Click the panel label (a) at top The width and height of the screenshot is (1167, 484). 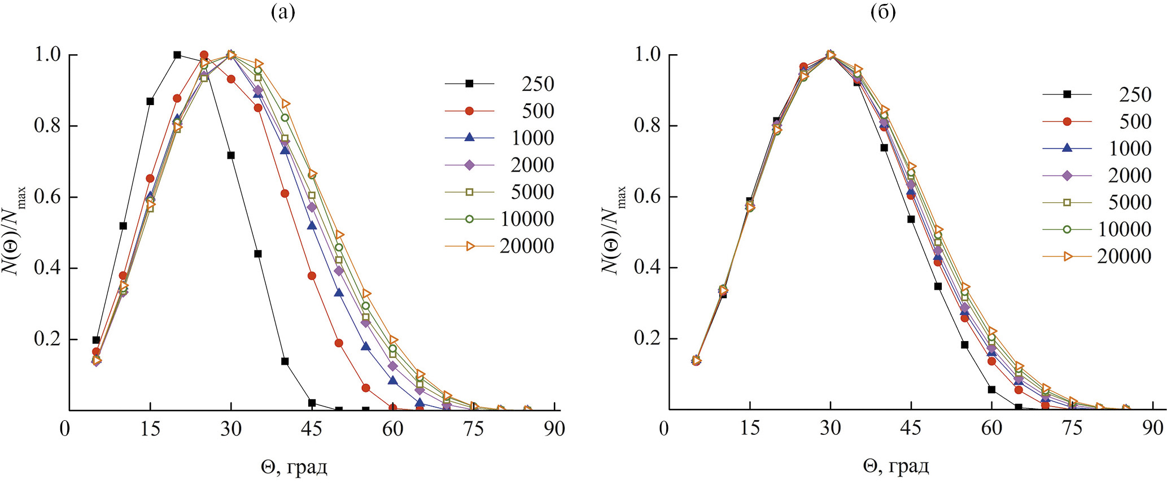click(x=283, y=12)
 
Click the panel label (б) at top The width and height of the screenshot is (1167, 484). click(x=883, y=12)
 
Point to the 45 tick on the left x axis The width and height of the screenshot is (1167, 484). click(x=312, y=429)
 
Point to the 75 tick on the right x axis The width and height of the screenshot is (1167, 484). click(x=1072, y=428)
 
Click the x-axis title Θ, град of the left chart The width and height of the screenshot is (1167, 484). click(x=294, y=467)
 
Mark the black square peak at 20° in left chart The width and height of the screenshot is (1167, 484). click(x=177, y=55)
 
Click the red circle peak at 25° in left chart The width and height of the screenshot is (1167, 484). click(x=204, y=55)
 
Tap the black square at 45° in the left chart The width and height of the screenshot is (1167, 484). click(x=312, y=403)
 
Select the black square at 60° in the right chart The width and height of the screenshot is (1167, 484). click(x=991, y=389)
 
